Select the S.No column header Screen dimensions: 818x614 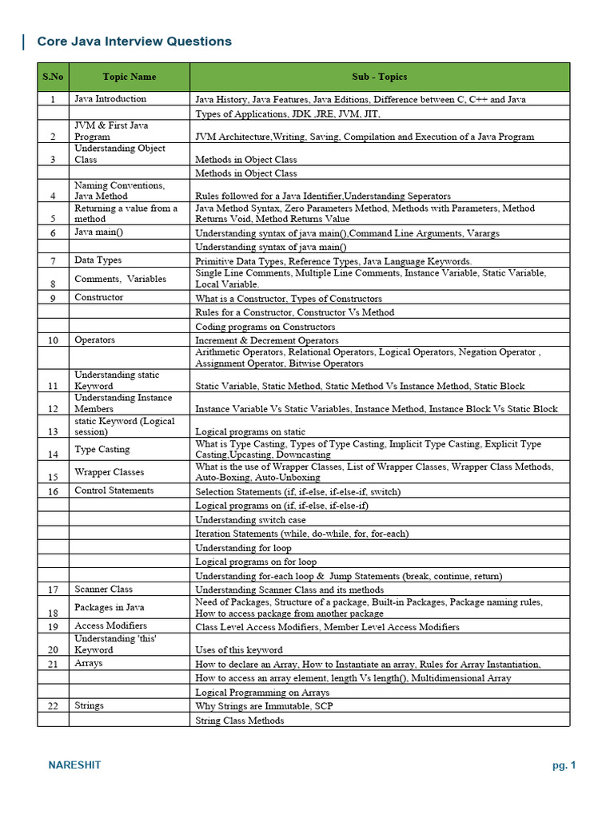pyautogui.click(x=53, y=77)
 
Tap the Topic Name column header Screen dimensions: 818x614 pyautogui.click(x=129, y=77)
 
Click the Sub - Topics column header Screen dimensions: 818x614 pyautogui.click(x=379, y=77)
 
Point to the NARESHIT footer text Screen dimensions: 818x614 pyautogui.click(x=75, y=765)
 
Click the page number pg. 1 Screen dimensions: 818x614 pyautogui.click(x=564, y=765)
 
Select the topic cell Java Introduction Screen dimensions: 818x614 pyautogui.click(x=110, y=99)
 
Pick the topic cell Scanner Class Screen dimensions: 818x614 pyautogui.click(x=103, y=590)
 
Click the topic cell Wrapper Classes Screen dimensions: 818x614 pyautogui.click(x=109, y=472)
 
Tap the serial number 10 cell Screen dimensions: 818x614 pyautogui.click(x=53, y=340)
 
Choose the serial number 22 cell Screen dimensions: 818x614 pyautogui.click(x=53, y=706)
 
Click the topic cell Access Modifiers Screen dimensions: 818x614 pyautogui.click(x=110, y=626)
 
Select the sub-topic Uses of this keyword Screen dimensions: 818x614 pyautogui.click(x=238, y=650)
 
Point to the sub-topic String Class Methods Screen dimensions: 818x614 pyautogui.click(x=240, y=721)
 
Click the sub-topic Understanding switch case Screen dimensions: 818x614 pyautogui.click(x=250, y=520)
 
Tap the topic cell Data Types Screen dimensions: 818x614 pyautogui.click(x=98, y=260)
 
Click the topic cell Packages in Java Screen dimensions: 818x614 pyautogui.click(x=109, y=608)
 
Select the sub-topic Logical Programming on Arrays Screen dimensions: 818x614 pyautogui.click(x=262, y=693)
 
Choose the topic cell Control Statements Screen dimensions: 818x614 pyautogui.click(x=114, y=490)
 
